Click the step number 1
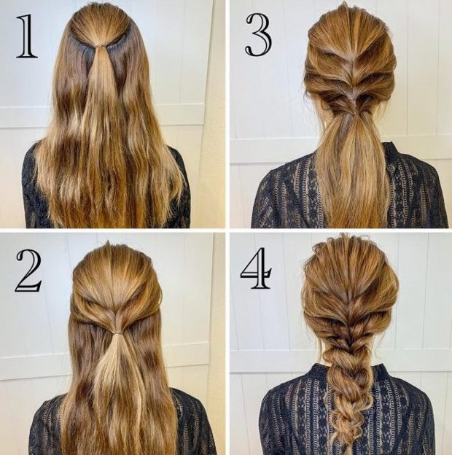coord(27,36)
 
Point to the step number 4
coord(256,268)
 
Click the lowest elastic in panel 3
coord(353,114)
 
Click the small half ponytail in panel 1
coord(100,87)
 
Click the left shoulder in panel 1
coord(32,168)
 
